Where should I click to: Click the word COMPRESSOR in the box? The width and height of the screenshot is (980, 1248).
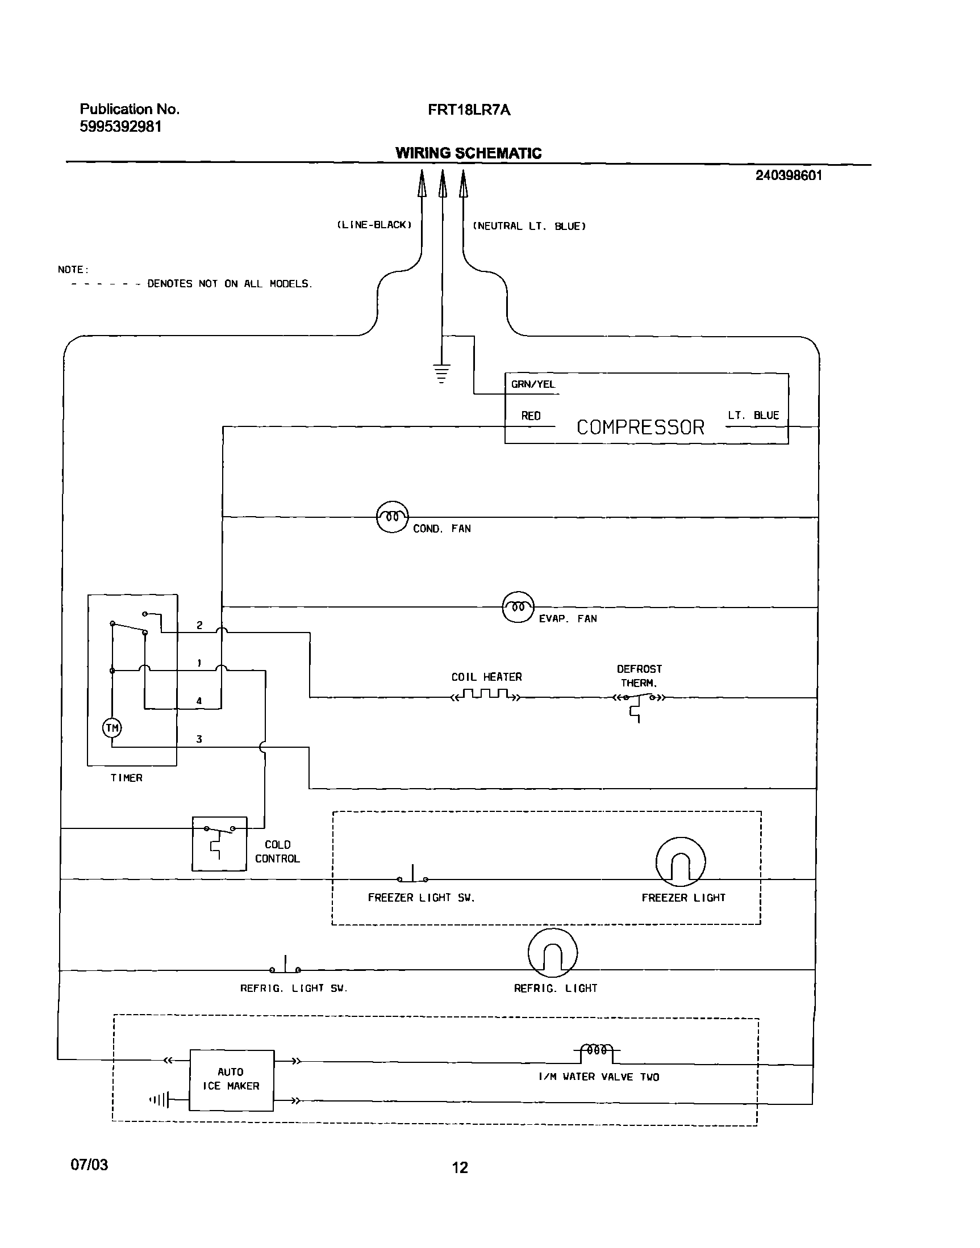pyautogui.click(x=640, y=428)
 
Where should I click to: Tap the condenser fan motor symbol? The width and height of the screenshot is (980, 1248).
pyautogui.click(x=392, y=517)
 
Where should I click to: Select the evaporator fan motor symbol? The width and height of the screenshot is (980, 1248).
pyautogui.click(x=518, y=607)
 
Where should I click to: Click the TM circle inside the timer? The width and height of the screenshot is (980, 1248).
pyautogui.click(x=112, y=728)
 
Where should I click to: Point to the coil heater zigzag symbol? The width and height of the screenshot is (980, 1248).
pyautogui.click(x=486, y=696)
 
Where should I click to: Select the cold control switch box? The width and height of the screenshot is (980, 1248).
pyautogui.click(x=219, y=844)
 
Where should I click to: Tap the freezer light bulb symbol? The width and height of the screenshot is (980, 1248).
pyautogui.click(x=681, y=861)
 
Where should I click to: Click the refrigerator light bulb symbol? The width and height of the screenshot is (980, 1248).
pyautogui.click(x=553, y=953)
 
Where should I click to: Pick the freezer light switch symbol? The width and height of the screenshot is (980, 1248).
pyautogui.click(x=412, y=876)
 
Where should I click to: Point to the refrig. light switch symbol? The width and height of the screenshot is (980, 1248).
pyautogui.click(x=285, y=967)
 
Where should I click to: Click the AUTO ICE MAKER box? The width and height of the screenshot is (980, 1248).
pyautogui.click(x=232, y=1080)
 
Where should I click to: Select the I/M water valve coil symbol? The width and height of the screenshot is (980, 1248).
pyautogui.click(x=597, y=1051)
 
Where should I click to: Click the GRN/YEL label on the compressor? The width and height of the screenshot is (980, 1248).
pyautogui.click(x=533, y=384)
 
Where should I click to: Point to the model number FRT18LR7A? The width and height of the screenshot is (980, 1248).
pyautogui.click(x=469, y=110)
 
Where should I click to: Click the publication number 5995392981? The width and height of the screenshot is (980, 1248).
pyautogui.click(x=120, y=127)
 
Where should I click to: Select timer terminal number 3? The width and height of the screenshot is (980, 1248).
pyautogui.click(x=199, y=739)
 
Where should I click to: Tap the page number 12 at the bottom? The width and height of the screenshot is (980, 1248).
pyautogui.click(x=460, y=1168)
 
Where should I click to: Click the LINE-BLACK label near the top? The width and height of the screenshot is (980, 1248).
pyautogui.click(x=374, y=225)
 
